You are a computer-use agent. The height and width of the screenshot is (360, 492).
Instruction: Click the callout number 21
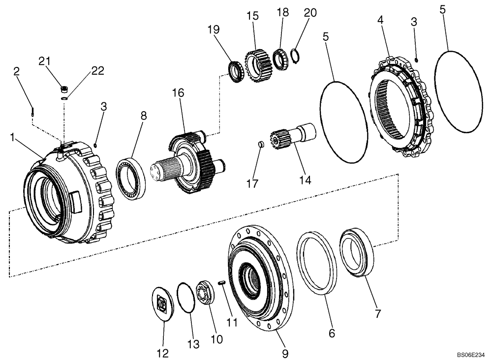tap(45, 60)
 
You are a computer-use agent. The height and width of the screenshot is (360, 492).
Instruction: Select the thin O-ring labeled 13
tap(185, 297)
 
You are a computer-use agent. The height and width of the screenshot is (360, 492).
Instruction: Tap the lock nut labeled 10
tap(204, 293)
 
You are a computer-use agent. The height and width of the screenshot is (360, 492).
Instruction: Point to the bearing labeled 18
tap(281, 60)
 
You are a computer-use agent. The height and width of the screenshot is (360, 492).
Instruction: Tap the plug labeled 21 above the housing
tap(63, 90)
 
